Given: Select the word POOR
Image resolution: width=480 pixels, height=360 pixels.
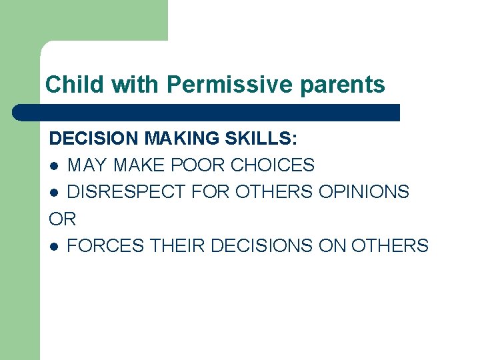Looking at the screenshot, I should (203, 165).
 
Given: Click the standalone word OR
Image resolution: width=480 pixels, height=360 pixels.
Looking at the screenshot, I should (63, 219).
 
